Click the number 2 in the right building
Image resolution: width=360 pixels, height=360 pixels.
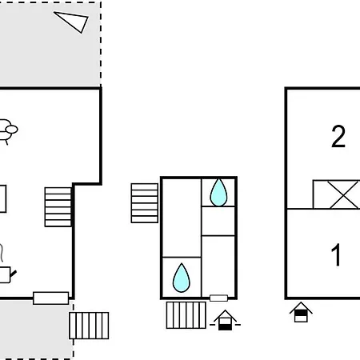[x=338, y=136]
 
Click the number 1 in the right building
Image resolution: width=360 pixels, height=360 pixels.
[x=336, y=254]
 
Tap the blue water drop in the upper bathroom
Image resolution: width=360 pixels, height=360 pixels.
[x=218, y=193]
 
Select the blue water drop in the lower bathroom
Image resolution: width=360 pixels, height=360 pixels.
[x=182, y=278]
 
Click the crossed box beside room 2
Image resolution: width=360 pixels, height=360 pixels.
[x=337, y=194]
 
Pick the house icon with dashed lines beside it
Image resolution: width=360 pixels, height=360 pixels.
[x=225, y=320]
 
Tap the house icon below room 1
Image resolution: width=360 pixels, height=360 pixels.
[x=301, y=312]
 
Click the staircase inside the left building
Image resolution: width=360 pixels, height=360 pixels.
[x=58, y=207]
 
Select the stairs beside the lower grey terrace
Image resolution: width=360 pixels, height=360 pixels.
[x=89, y=326]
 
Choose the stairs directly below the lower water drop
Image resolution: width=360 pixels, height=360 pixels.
[x=186, y=315]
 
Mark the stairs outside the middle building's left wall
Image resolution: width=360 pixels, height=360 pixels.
[x=145, y=203]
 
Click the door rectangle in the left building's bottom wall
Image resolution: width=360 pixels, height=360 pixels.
[x=50, y=298]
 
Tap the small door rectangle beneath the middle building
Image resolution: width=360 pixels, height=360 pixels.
[x=218, y=298]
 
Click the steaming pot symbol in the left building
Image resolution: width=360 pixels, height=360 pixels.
[x=6, y=264]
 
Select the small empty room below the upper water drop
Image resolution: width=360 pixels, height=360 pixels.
[x=218, y=221]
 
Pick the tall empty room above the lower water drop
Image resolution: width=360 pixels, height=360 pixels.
[x=182, y=218]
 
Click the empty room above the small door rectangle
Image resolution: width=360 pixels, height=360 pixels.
[x=218, y=266]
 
